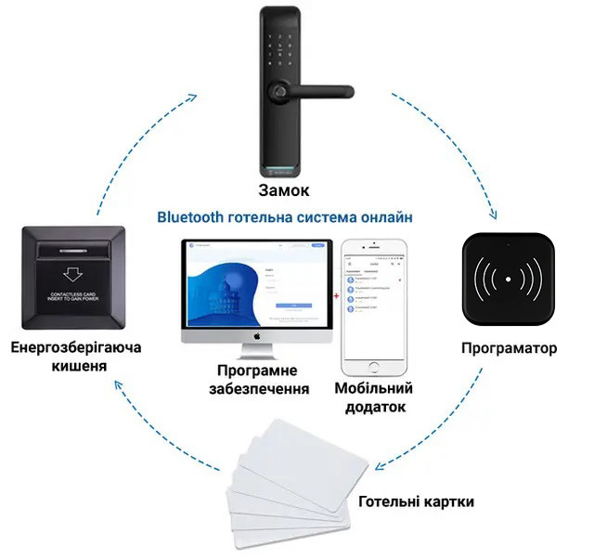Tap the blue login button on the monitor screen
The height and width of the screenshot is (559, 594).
click(291, 305)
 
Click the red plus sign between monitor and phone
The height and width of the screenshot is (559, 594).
click(335, 294)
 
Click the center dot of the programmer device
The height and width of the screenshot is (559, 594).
click(510, 279)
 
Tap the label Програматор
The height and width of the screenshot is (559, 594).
click(510, 349)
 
